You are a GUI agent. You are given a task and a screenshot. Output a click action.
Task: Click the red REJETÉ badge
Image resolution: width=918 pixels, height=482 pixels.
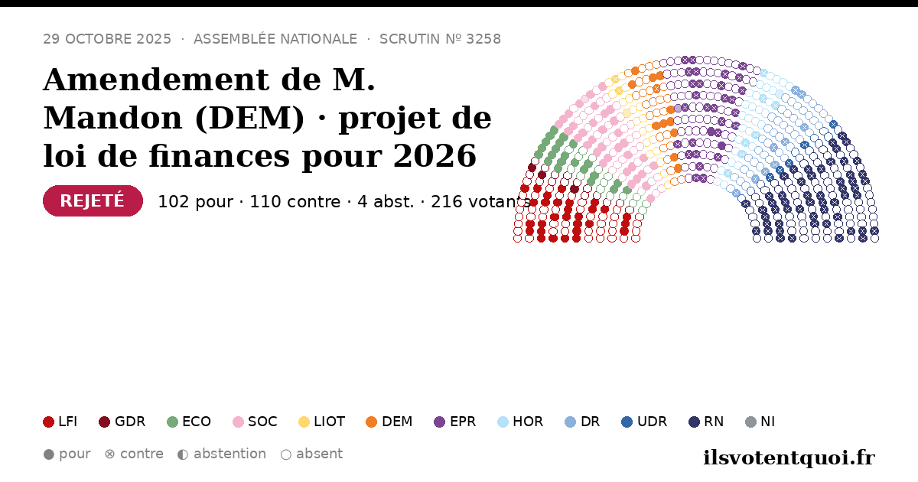coord(93,200)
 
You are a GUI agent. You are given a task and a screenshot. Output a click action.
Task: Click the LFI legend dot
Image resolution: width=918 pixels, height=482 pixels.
coord(48,422)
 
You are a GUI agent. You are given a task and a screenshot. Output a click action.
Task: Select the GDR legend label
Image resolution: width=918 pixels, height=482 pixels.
coord(130,422)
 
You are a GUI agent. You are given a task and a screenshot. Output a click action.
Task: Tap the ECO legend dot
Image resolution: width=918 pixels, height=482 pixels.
coord(173,422)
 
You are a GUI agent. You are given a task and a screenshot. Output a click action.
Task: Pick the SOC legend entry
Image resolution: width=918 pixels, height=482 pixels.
coord(255,422)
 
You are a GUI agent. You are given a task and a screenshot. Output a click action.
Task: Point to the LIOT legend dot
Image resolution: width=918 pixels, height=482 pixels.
coord(304,422)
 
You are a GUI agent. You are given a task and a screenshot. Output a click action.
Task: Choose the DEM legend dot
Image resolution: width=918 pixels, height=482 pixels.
coord(371,422)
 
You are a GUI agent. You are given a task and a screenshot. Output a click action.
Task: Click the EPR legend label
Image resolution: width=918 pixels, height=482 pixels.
coord(463,422)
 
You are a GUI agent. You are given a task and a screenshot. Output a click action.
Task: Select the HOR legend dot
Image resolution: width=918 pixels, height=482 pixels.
coord(503,422)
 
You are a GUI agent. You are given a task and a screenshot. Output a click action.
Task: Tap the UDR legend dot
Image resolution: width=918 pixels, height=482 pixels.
coord(627,422)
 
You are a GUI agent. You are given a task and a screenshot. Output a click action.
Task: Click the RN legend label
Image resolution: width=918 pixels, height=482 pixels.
coord(714,422)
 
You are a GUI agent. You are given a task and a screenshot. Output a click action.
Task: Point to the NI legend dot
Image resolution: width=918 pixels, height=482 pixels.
coord(750,422)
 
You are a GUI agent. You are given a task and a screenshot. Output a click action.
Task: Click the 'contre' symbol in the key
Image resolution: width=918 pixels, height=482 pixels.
coord(109,454)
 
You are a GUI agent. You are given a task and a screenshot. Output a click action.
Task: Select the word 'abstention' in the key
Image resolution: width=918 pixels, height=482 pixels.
coord(229,454)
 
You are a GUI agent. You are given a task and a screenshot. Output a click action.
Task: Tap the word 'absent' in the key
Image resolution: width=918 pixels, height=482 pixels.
coord(319,454)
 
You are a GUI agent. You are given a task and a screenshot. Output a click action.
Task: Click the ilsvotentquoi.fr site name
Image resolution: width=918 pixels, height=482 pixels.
coord(789,458)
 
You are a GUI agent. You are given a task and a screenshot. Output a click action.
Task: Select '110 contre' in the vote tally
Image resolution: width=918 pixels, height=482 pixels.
coord(295,202)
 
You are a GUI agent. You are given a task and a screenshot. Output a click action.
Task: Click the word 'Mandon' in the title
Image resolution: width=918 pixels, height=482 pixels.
coord(112,118)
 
